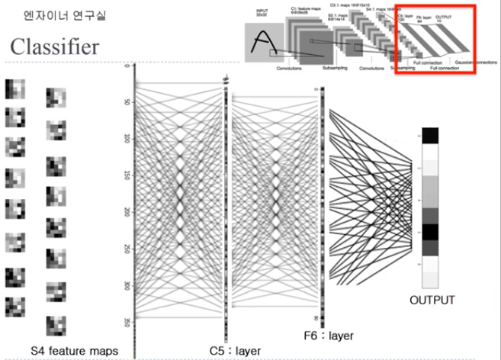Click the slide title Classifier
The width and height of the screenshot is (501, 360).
click(54, 47)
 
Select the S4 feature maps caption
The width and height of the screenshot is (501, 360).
click(74, 350)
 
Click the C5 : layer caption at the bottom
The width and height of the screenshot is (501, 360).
click(235, 350)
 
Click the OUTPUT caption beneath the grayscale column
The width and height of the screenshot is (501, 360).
click(432, 300)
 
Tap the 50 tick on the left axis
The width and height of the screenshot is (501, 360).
click(127, 101)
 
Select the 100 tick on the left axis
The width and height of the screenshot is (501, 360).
click(127, 138)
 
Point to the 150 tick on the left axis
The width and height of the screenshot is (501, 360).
click(127, 175)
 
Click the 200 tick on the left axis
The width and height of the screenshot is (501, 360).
click(127, 212)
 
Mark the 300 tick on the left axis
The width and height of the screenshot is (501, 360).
click(127, 286)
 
